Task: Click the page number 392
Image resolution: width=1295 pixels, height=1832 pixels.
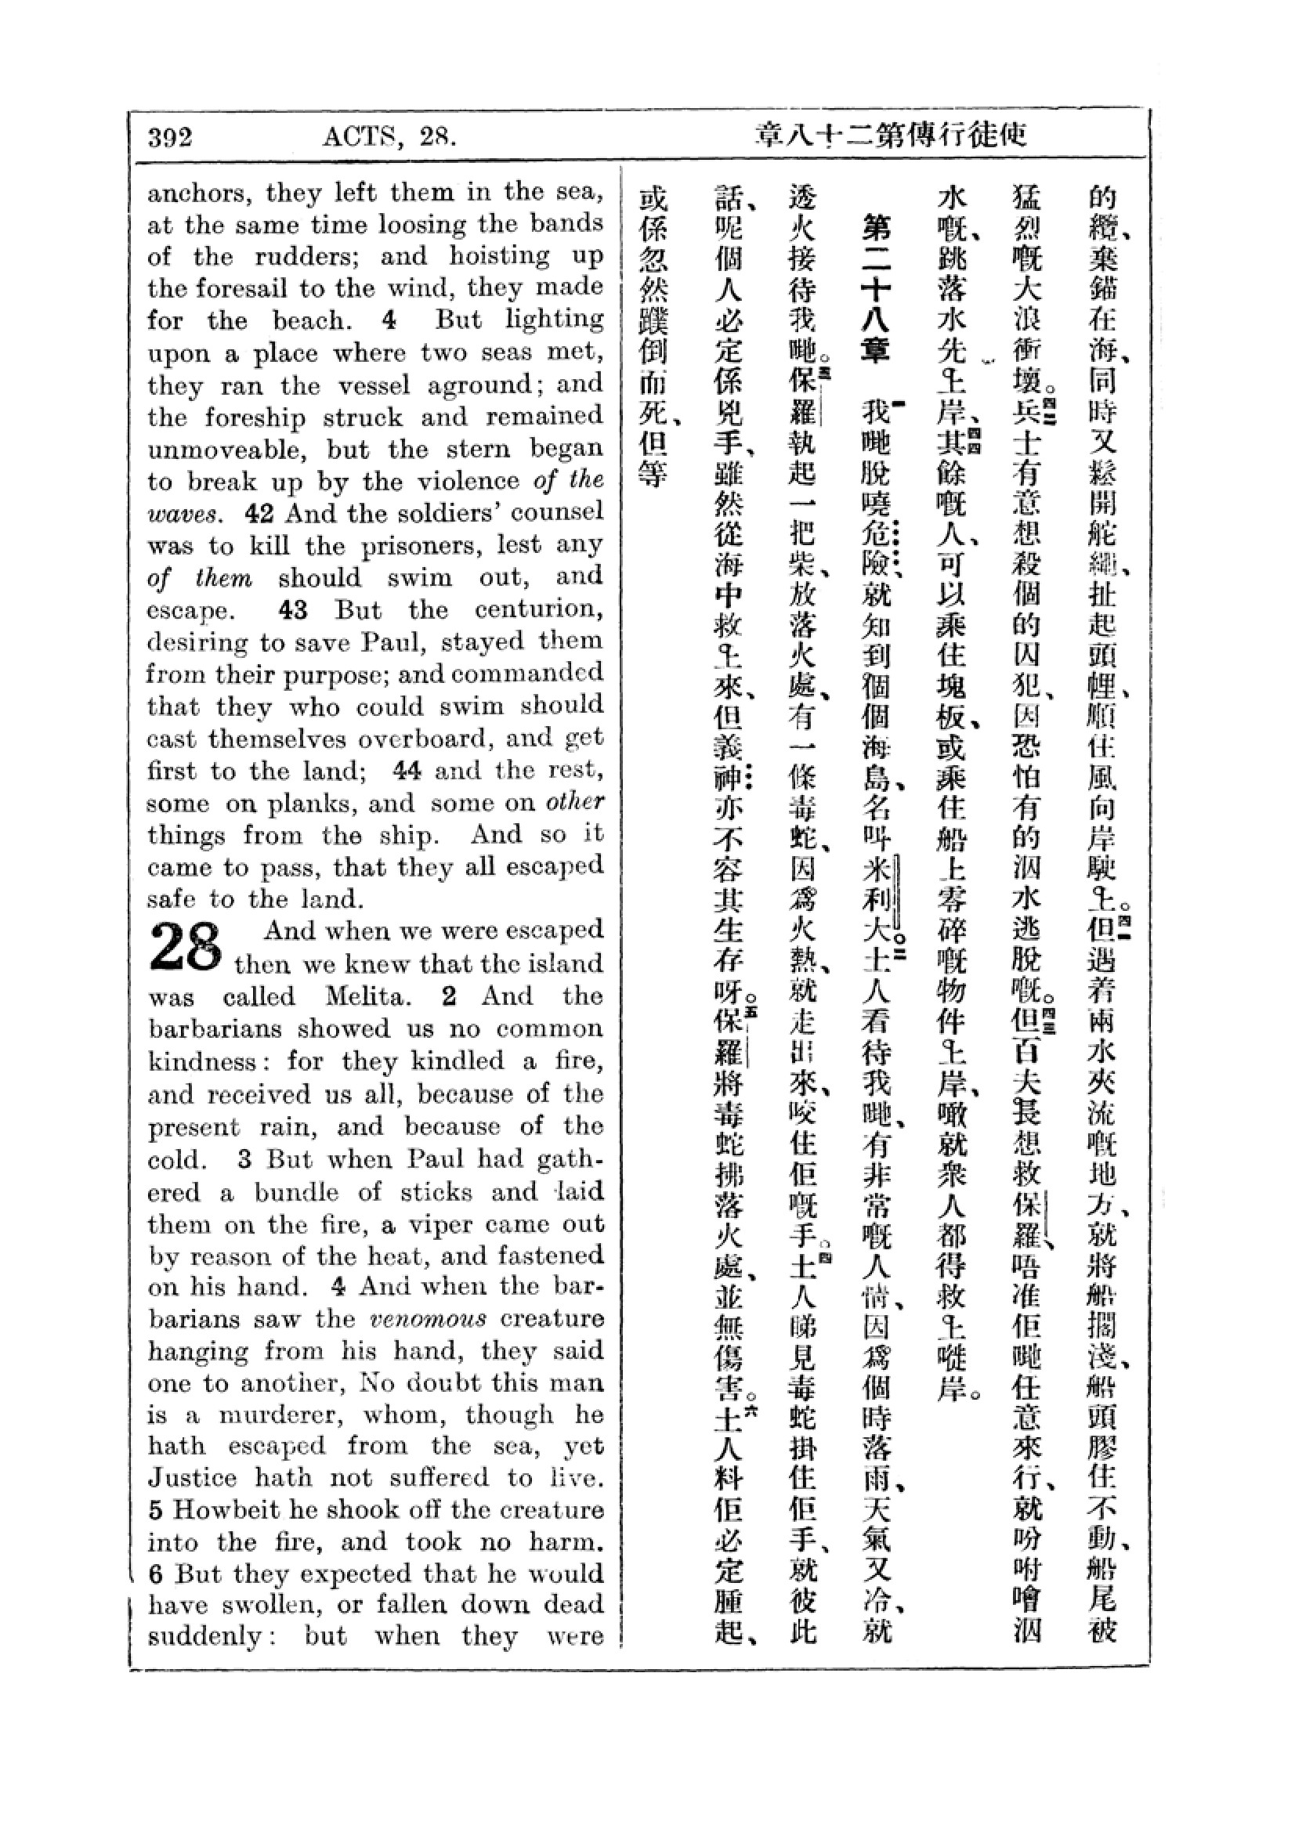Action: (170, 137)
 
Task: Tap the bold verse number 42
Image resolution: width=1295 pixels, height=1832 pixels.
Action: (260, 513)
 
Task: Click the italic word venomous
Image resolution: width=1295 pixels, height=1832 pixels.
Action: (428, 1318)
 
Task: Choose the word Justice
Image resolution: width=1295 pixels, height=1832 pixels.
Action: (192, 1479)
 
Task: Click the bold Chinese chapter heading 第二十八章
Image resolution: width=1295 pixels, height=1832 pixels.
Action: (875, 290)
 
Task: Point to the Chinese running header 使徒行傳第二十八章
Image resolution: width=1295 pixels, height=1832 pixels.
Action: (891, 136)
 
